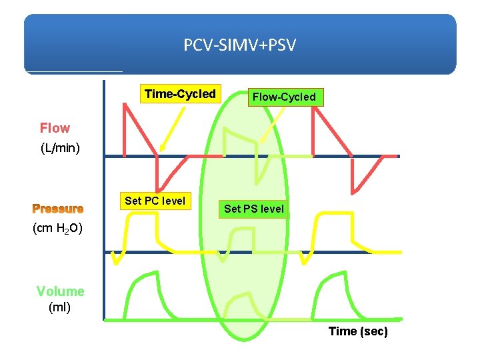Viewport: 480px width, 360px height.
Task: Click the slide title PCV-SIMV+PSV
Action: point(240,45)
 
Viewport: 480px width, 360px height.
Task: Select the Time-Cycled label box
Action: point(180,94)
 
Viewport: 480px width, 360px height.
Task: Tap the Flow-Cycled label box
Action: point(284,97)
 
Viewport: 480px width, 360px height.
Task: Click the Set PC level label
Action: point(155,201)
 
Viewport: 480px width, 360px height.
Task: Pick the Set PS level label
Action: point(254,209)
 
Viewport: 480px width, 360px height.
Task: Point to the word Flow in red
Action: point(55,128)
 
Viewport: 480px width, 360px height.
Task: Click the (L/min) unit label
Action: point(61,148)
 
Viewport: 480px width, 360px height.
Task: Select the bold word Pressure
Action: point(58,208)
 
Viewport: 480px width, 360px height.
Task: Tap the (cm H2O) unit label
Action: point(57,229)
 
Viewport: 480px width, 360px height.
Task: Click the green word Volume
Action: point(60,291)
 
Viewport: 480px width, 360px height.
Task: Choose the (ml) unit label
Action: point(60,307)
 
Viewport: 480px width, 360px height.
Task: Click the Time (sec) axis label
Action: point(358,331)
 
